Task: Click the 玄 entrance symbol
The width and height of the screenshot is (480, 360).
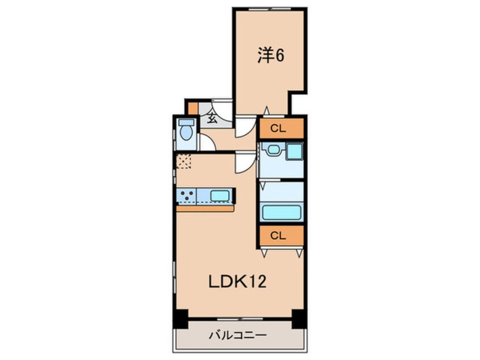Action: pyautogui.click(x=211, y=119)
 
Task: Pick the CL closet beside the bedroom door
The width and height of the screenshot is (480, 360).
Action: pyautogui.click(x=281, y=128)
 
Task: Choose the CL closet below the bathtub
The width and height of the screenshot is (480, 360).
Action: pyautogui.click(x=281, y=235)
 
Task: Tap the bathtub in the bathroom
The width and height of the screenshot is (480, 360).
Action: pyautogui.click(x=281, y=213)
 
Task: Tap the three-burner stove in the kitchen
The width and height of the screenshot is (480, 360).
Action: pyautogui.click(x=187, y=196)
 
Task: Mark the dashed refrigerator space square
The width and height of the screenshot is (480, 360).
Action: pyautogui.click(x=184, y=161)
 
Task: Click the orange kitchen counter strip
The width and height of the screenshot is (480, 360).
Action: pyautogui.click(x=205, y=208)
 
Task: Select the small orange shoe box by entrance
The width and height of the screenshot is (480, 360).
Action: pyautogui.click(x=193, y=107)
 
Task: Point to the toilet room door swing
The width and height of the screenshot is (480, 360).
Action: pyautogui.click(x=207, y=144)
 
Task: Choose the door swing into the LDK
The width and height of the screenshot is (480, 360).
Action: pyautogui.click(x=244, y=163)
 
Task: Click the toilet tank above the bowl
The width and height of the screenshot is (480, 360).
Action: pyautogui.click(x=185, y=122)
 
